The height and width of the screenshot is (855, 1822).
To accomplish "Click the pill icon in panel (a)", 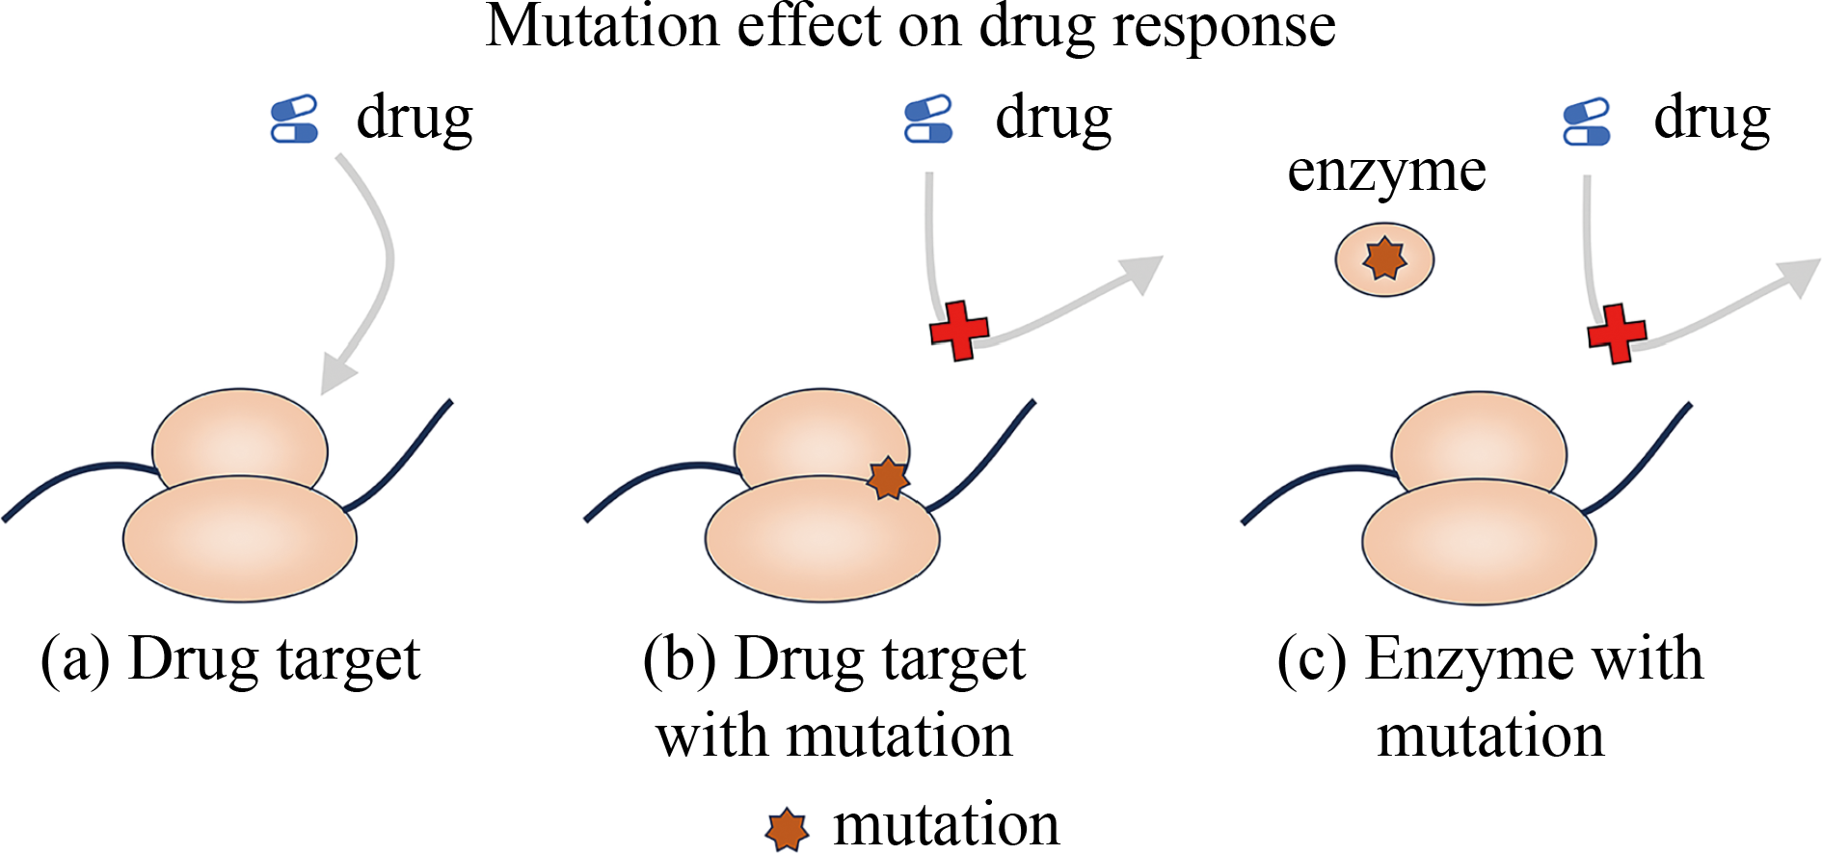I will pyautogui.click(x=295, y=120).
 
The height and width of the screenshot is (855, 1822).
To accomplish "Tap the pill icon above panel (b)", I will pyautogui.click(x=928, y=120).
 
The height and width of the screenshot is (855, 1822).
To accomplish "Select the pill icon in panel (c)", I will pyautogui.click(x=1587, y=122).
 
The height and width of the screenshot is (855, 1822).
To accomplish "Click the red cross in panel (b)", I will pyautogui.click(x=959, y=331).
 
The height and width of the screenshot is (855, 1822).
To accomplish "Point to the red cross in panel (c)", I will pyautogui.click(x=1617, y=334).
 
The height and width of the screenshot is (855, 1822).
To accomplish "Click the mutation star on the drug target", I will pyautogui.click(x=888, y=478).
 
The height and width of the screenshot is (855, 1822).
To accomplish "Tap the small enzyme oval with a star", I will pyautogui.click(x=1384, y=258).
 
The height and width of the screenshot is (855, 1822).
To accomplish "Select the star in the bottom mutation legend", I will pyautogui.click(x=787, y=829).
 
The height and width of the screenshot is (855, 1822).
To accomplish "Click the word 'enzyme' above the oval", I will pyautogui.click(x=1386, y=172).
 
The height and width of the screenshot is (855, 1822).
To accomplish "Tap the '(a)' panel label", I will pyautogui.click(x=75, y=660).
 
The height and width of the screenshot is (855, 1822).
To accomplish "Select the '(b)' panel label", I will pyautogui.click(x=680, y=660).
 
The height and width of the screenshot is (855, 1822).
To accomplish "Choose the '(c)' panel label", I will pyautogui.click(x=1312, y=660).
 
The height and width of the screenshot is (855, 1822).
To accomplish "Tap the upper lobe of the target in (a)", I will pyautogui.click(x=240, y=439).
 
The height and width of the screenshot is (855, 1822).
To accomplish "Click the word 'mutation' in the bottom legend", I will pyautogui.click(x=946, y=826).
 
